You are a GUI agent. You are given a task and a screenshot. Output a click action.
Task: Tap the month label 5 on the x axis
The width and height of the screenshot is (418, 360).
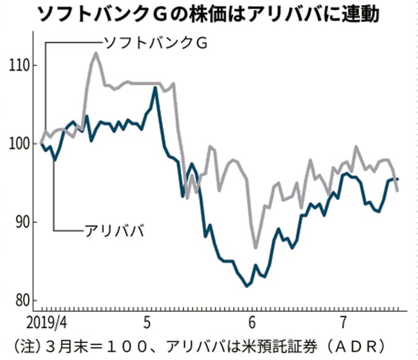coord(146,321)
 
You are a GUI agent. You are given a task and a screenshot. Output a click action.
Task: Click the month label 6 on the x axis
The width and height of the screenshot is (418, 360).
coord(252,321)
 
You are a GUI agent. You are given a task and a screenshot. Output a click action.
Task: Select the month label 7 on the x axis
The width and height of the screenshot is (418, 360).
coord(342,321)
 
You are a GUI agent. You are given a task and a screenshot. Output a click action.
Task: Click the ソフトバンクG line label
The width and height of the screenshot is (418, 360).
coord(155,43)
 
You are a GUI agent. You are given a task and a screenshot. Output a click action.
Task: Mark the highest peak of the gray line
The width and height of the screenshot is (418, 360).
coord(96,53)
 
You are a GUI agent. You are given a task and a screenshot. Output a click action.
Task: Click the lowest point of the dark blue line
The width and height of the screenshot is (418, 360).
coord(247,286)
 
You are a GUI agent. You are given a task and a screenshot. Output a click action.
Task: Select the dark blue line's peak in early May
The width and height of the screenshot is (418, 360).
coord(156,87)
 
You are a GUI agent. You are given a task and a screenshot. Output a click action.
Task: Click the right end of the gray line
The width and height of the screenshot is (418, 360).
coord(398,191)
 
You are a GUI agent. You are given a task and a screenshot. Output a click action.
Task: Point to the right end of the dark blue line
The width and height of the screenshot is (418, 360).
coord(398,179)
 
